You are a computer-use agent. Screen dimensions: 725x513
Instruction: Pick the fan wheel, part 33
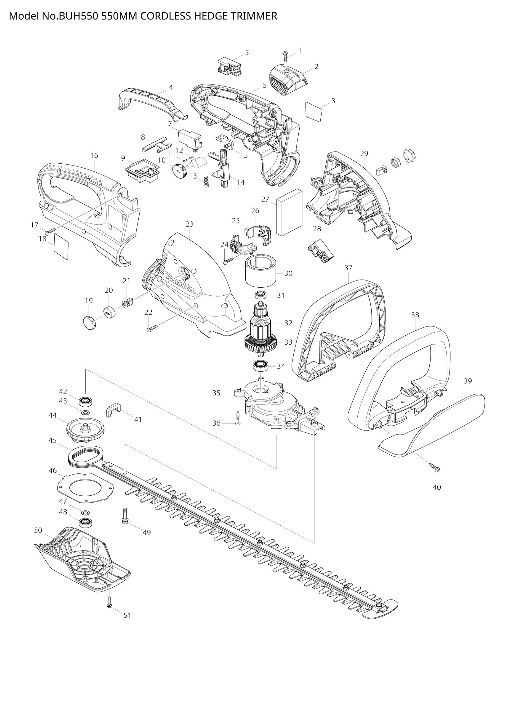[261, 344]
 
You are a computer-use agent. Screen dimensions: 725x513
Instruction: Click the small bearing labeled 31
[261, 294]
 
